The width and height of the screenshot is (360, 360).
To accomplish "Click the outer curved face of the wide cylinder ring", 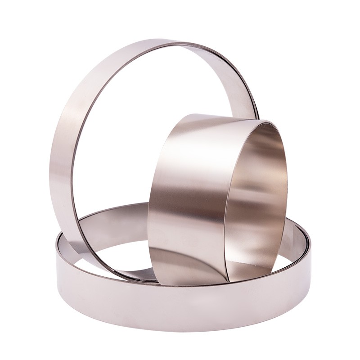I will pyautogui.click(x=184, y=189).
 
